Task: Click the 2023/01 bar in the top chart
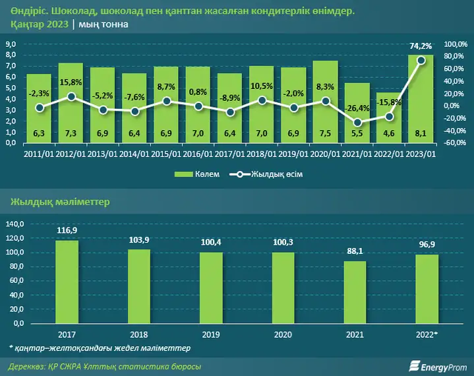pyautogui.click(x=421, y=98)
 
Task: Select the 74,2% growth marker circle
pyautogui.click(x=421, y=61)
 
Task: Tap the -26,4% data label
pyautogui.click(x=357, y=108)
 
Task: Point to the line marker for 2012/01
pyautogui.click(x=71, y=97)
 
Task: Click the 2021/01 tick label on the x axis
pyautogui.click(x=357, y=154)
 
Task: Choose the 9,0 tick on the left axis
pyautogui.click(x=11, y=44)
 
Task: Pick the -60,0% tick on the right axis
pyautogui.click(x=455, y=142)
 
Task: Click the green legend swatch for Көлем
pyautogui.click(x=183, y=174)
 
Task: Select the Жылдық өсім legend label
pyautogui.click(x=277, y=174)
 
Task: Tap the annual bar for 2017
pyautogui.click(x=67, y=282)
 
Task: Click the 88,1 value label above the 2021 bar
pyautogui.click(x=355, y=251)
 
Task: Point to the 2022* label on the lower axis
pyautogui.click(x=427, y=334)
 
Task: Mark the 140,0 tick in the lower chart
pyautogui.click(x=15, y=224)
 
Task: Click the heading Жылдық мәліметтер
pyautogui.click(x=60, y=202)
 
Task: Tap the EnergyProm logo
pyautogui.click(x=438, y=366)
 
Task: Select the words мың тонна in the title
pyautogui.click(x=104, y=24)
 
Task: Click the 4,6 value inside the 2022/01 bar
pyautogui.click(x=389, y=133)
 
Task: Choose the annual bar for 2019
pyautogui.click(x=211, y=288)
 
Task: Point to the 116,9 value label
pyautogui.click(x=67, y=230)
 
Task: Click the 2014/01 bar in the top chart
pyautogui.click(x=134, y=108)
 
